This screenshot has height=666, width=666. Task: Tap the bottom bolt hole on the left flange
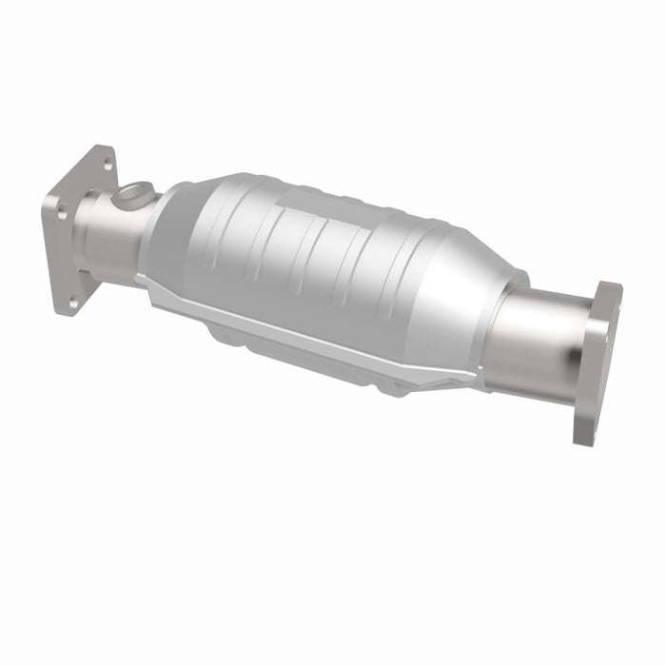73,300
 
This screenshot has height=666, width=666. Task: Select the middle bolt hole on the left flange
63,214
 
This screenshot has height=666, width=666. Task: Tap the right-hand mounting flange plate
597,362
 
